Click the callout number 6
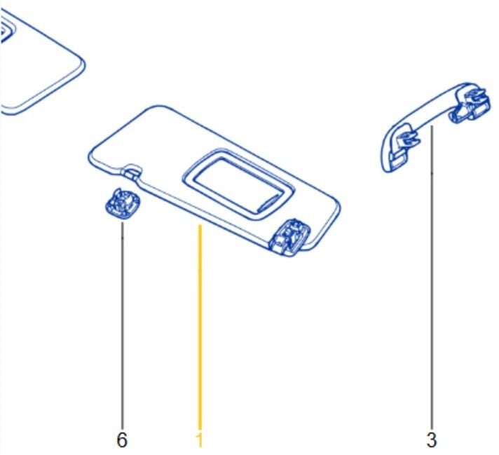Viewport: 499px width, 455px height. click(x=122, y=440)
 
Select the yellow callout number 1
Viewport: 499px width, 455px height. click(x=199, y=440)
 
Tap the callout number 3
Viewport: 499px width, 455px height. click(x=431, y=440)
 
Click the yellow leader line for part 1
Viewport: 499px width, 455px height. click(x=200, y=327)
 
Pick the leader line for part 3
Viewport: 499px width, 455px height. click(x=432, y=277)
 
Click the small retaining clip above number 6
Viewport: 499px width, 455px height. click(x=122, y=203)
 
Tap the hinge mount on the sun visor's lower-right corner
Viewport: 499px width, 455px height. click(x=289, y=237)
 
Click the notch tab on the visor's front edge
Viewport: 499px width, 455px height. click(x=132, y=170)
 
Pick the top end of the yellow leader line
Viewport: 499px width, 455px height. click(x=200, y=226)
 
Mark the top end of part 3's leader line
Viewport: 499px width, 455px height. click(x=432, y=126)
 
